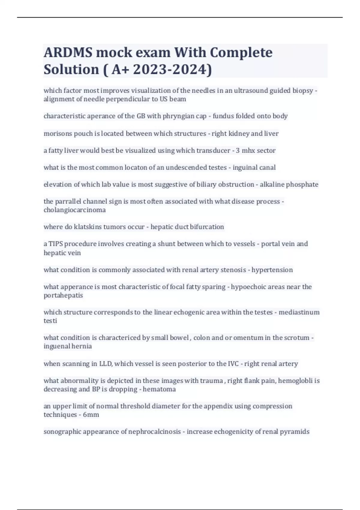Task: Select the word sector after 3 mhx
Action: pos(266,151)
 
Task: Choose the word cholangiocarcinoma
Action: pos(75,210)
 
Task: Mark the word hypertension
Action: pos(272,270)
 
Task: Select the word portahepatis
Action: pos(63,295)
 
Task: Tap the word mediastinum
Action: pos(299,312)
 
